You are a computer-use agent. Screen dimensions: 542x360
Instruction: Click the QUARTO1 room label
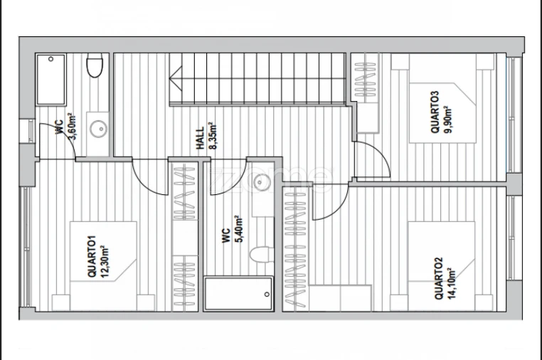point(92,256)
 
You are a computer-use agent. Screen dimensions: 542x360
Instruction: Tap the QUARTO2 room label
point(438,278)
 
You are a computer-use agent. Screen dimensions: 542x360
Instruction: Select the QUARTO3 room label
point(435,112)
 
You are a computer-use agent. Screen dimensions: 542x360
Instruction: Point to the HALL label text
point(201,138)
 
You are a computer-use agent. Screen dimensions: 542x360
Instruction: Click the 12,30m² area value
point(105,261)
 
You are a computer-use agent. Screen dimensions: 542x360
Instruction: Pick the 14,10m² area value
point(451,284)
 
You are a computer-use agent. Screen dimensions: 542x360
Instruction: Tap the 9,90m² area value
point(447,120)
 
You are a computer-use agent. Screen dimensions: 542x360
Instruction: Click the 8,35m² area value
point(213,136)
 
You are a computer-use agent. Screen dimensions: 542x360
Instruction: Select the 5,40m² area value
point(238,229)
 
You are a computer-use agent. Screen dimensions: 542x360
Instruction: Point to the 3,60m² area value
point(73,126)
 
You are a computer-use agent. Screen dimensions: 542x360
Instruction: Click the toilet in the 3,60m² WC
point(95,65)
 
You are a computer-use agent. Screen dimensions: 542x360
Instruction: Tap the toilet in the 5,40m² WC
point(261,254)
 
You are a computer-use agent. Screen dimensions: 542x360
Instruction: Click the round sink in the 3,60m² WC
point(99,129)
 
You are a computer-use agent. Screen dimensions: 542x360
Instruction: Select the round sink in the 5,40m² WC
point(262,182)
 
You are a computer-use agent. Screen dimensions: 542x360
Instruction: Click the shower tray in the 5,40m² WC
point(238,293)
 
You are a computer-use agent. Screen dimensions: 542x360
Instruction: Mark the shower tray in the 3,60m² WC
point(51,79)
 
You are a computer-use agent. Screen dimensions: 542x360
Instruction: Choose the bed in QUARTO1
point(103,266)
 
